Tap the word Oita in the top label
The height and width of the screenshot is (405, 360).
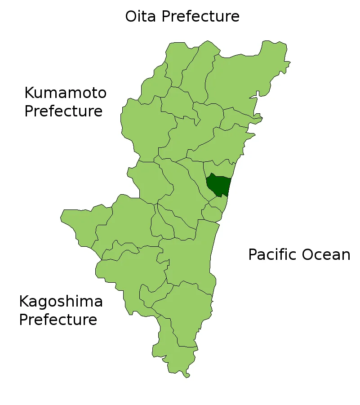point(139,17)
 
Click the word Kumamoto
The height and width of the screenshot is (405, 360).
point(65,93)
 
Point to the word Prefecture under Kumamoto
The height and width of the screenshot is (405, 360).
point(63,111)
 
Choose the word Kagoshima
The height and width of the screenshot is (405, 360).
point(61,302)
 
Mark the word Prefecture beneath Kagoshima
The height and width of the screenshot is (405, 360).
point(58,320)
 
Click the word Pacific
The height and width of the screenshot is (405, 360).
point(272,255)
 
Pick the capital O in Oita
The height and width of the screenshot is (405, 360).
point(131,17)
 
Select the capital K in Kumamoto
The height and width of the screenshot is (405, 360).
point(29,93)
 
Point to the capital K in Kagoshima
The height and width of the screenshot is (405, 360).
point(24,302)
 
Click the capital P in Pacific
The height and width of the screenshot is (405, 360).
point(253,255)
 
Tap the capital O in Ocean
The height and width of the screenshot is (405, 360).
point(308,255)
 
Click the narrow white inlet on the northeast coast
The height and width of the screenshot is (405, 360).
point(257,94)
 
